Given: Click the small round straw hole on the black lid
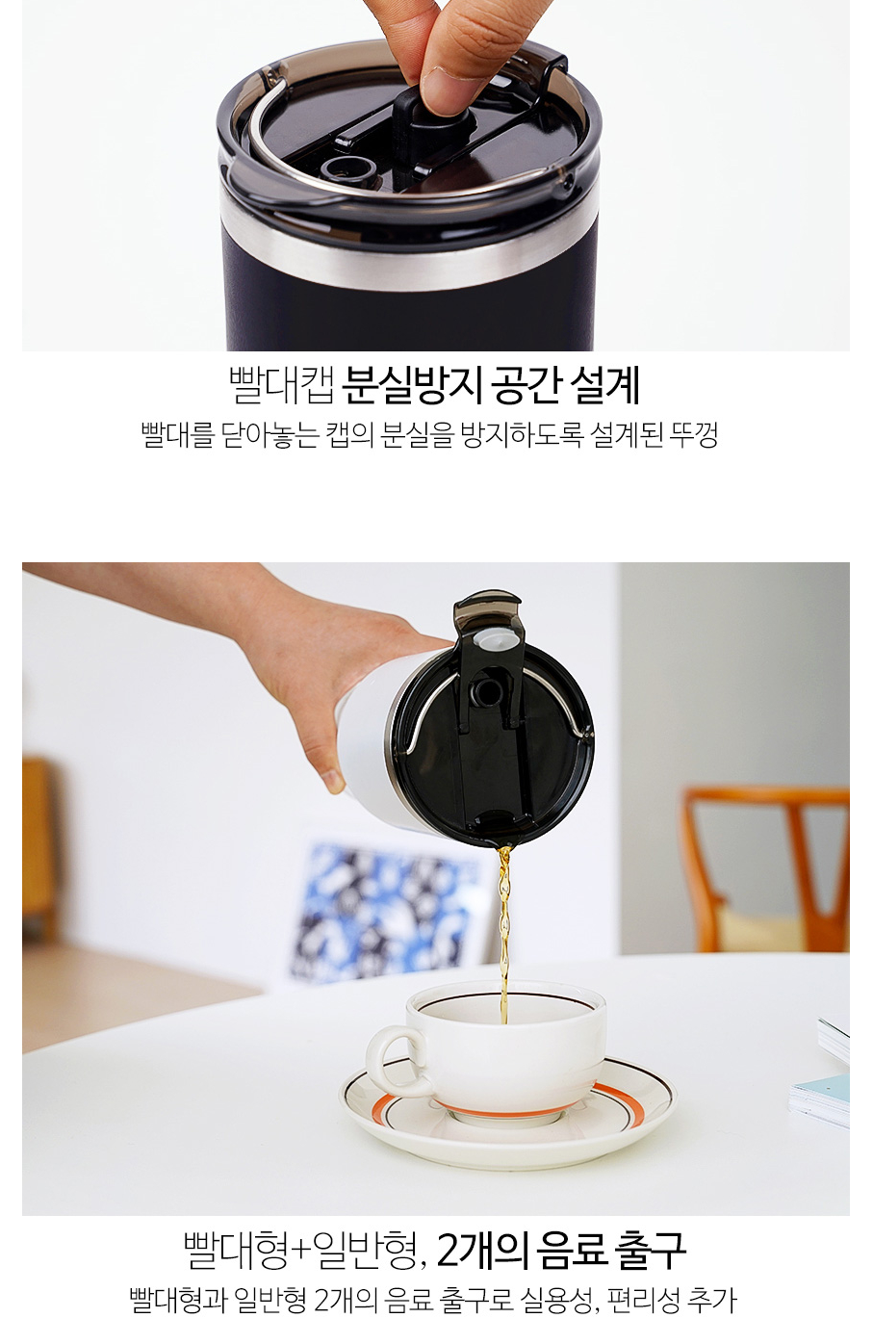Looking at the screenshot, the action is point(347,167).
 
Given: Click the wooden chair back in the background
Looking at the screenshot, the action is point(768,870).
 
